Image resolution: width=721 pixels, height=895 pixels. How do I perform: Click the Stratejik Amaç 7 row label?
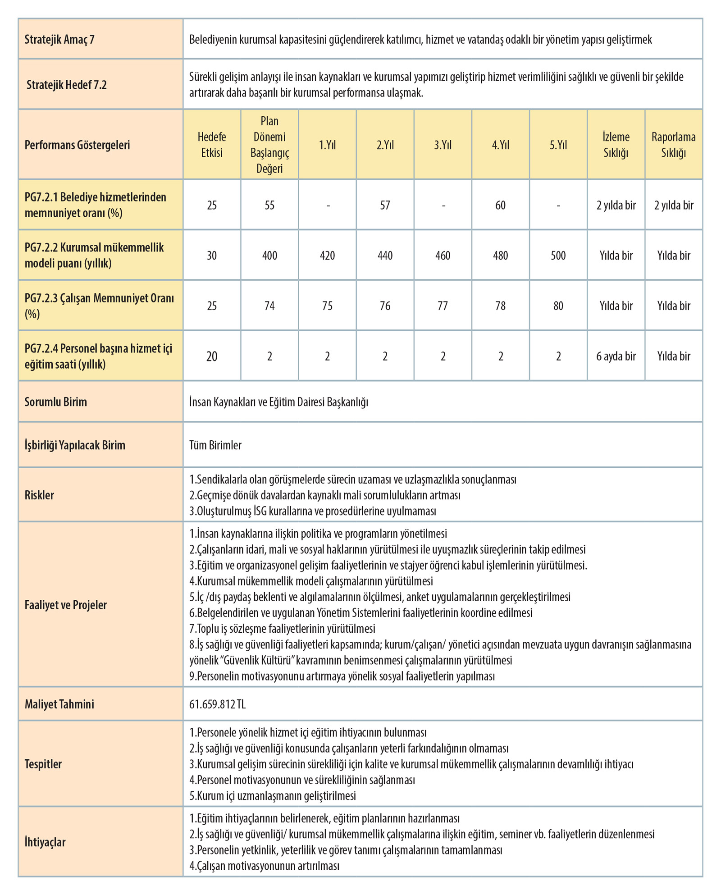(x=59, y=40)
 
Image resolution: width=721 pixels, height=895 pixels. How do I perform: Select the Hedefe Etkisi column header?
(x=212, y=145)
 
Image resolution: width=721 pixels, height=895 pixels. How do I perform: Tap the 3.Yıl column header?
(x=443, y=145)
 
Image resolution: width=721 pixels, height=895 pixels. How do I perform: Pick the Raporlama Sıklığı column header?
(x=673, y=145)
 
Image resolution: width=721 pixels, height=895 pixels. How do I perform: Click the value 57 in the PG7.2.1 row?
(x=385, y=205)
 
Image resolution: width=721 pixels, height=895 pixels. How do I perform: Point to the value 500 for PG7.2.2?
(x=558, y=256)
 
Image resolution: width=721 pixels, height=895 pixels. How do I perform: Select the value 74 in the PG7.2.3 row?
(x=269, y=306)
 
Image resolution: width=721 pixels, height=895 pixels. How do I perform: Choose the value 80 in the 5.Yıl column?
(x=558, y=306)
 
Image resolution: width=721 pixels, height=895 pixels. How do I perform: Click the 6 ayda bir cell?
(x=616, y=356)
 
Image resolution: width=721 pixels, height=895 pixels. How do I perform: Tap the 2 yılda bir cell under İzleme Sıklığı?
(x=616, y=205)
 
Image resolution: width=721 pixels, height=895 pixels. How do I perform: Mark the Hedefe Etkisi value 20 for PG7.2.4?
(x=212, y=356)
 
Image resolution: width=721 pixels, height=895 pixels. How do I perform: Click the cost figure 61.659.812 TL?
(x=217, y=704)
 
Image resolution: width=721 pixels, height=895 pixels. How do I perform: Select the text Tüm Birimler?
(x=215, y=445)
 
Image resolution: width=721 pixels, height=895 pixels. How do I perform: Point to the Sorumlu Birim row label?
(x=55, y=402)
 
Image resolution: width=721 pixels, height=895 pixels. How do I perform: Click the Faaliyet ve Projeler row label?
(x=65, y=605)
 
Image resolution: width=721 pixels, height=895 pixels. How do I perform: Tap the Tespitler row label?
(x=43, y=764)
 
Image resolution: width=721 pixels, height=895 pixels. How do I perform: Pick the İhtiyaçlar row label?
(x=45, y=842)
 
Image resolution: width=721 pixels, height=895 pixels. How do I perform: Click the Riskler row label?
(x=39, y=495)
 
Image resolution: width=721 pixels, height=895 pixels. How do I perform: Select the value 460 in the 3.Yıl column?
(x=443, y=256)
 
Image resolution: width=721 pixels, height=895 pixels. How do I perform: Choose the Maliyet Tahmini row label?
(x=59, y=704)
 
